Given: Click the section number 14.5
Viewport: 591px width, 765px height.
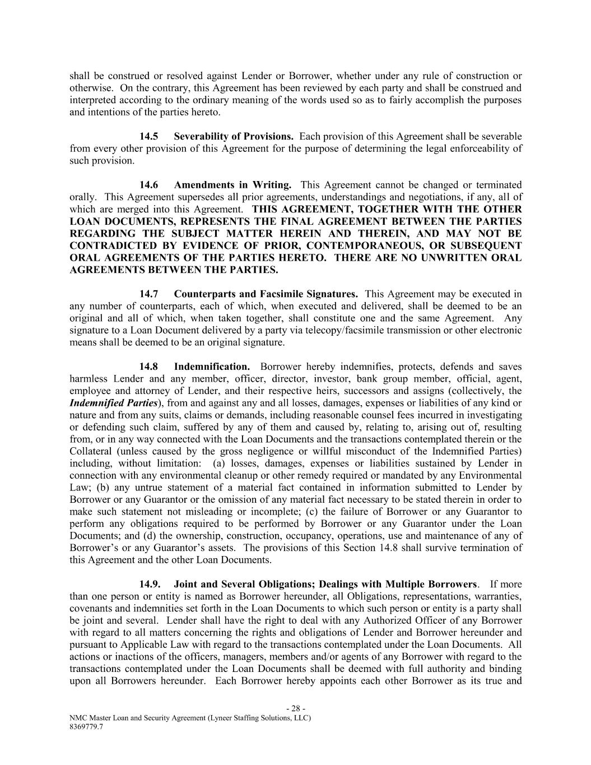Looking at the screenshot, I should (x=149, y=136).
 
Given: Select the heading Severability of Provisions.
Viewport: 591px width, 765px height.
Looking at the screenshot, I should (x=234, y=136).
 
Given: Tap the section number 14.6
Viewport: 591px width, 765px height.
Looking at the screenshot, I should (x=149, y=185).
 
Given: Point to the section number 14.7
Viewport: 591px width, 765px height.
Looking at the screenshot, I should (x=149, y=294).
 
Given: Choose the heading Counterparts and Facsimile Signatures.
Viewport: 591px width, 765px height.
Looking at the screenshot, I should (x=266, y=294).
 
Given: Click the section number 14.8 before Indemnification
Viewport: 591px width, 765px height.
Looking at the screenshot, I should (x=149, y=367).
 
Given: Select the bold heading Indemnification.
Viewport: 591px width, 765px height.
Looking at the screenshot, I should (x=212, y=367).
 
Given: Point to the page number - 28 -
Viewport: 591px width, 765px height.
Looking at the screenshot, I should (x=295, y=708).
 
